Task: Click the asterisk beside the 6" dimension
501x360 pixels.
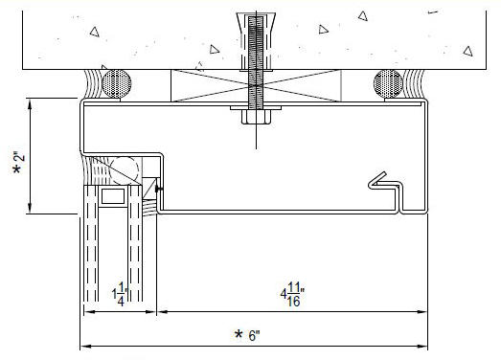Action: point(240,335)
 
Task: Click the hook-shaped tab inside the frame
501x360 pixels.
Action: point(384,182)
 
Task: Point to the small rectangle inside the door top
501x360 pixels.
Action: point(112,197)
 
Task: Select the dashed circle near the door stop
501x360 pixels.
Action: point(136,179)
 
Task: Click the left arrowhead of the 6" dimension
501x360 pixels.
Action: point(82,346)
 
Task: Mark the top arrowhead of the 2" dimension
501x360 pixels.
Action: point(33,101)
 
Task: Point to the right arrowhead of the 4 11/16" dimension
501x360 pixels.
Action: point(423,311)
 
